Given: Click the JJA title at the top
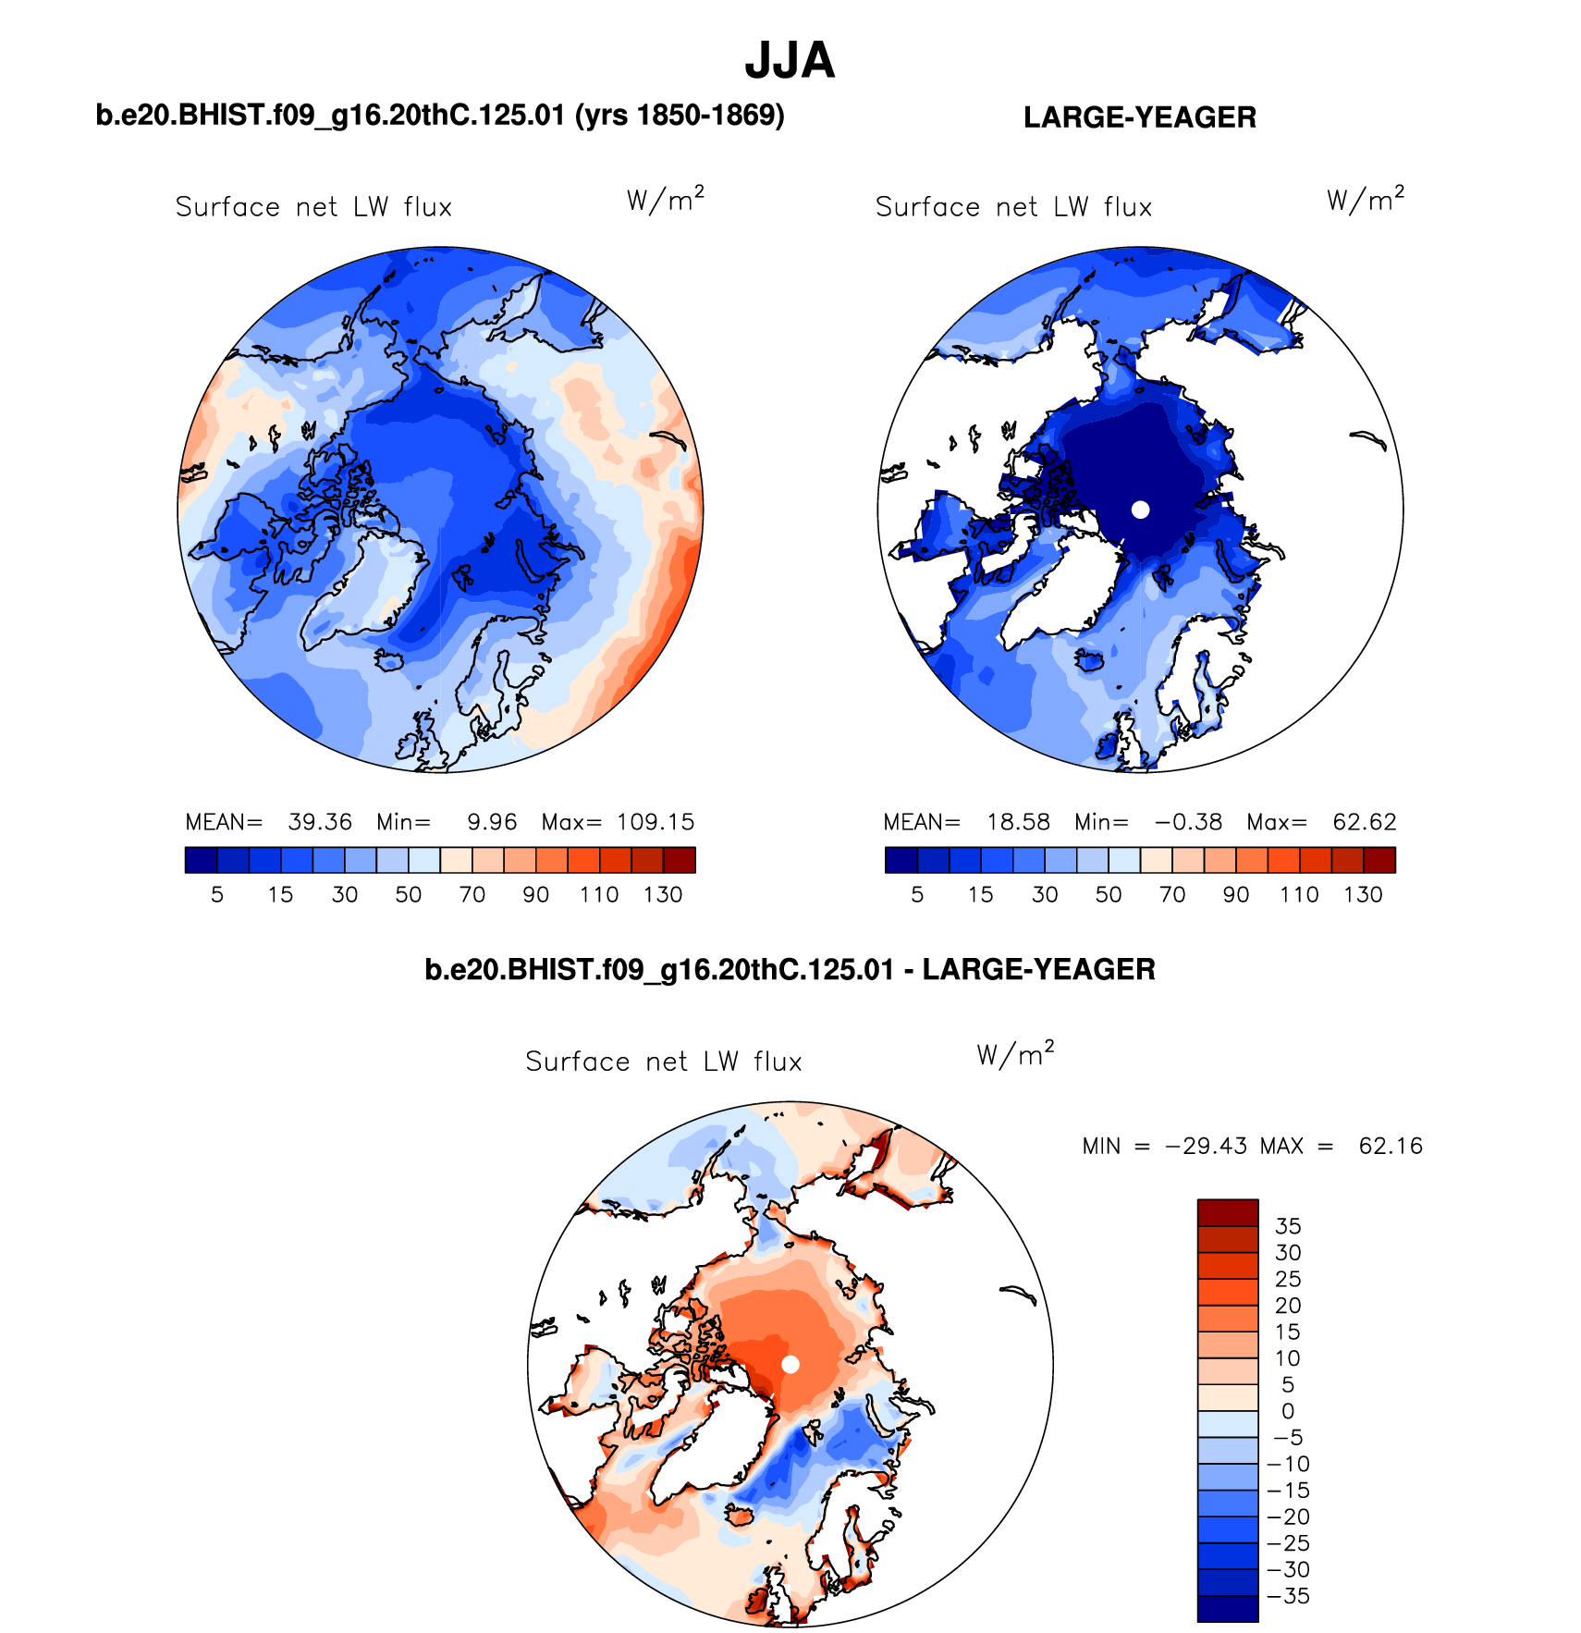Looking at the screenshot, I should [790, 61].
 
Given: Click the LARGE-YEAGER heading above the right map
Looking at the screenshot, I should [1139, 117].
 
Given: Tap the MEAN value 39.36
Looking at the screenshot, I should [320, 822].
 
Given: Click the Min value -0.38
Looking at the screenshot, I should [1188, 822].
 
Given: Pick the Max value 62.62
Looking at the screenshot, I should [1364, 822].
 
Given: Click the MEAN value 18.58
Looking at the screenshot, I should [1018, 822].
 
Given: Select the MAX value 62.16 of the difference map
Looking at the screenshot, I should [1391, 1147].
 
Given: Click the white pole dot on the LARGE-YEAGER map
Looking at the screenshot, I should [1140, 510].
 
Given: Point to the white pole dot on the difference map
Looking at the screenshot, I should [790, 1364].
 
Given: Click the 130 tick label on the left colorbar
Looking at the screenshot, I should [663, 895].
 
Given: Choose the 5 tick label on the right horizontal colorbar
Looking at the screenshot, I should [917, 895].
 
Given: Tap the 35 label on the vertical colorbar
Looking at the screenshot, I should [1288, 1226].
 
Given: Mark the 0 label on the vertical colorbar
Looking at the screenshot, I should [1288, 1411].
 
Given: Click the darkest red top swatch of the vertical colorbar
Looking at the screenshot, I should [1228, 1212].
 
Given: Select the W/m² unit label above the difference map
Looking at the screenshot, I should [1015, 1054].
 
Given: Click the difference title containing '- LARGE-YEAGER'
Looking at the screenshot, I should [790, 969].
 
